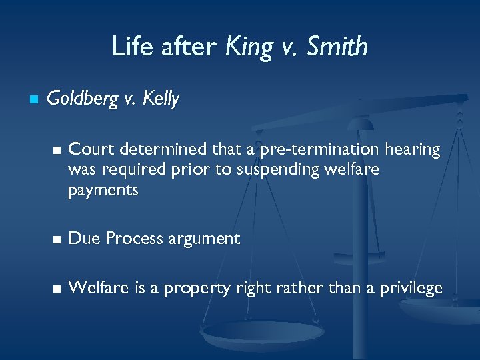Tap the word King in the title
[249, 47]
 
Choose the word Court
[88, 149]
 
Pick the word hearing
[416, 150]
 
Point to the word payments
[103, 191]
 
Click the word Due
[82, 239]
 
